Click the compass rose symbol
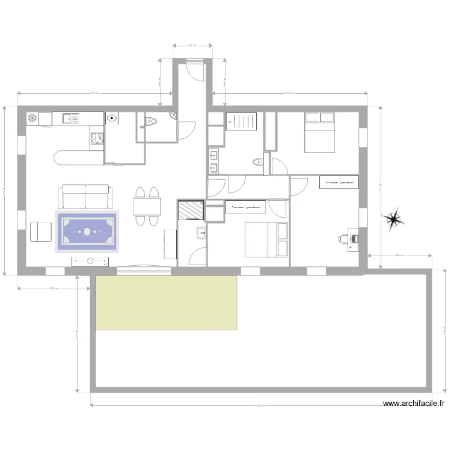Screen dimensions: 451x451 coord(394,219)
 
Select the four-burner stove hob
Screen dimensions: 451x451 coord(97,139)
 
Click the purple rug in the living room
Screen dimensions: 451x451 coord(87,231)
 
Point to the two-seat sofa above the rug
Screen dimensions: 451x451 coord(86,196)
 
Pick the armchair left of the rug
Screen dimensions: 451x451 coord(41,231)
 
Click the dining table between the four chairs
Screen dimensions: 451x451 coord(147,207)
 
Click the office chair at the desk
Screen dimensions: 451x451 coord(343,239)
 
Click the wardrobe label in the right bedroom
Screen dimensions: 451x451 coord(339,182)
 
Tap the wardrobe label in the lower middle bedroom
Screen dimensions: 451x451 coord(245,207)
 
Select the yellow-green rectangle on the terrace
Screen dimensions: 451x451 coord(166,302)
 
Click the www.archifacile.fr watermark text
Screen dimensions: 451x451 coord(414,405)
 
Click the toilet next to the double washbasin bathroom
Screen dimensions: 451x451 coord(258,162)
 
